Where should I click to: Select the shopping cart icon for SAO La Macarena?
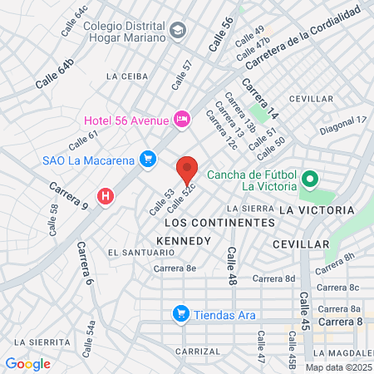(148, 158)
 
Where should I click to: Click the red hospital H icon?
(106, 197)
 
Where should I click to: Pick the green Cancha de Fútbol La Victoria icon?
(310, 179)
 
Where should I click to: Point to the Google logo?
(27, 363)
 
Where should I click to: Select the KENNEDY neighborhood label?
(184, 240)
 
